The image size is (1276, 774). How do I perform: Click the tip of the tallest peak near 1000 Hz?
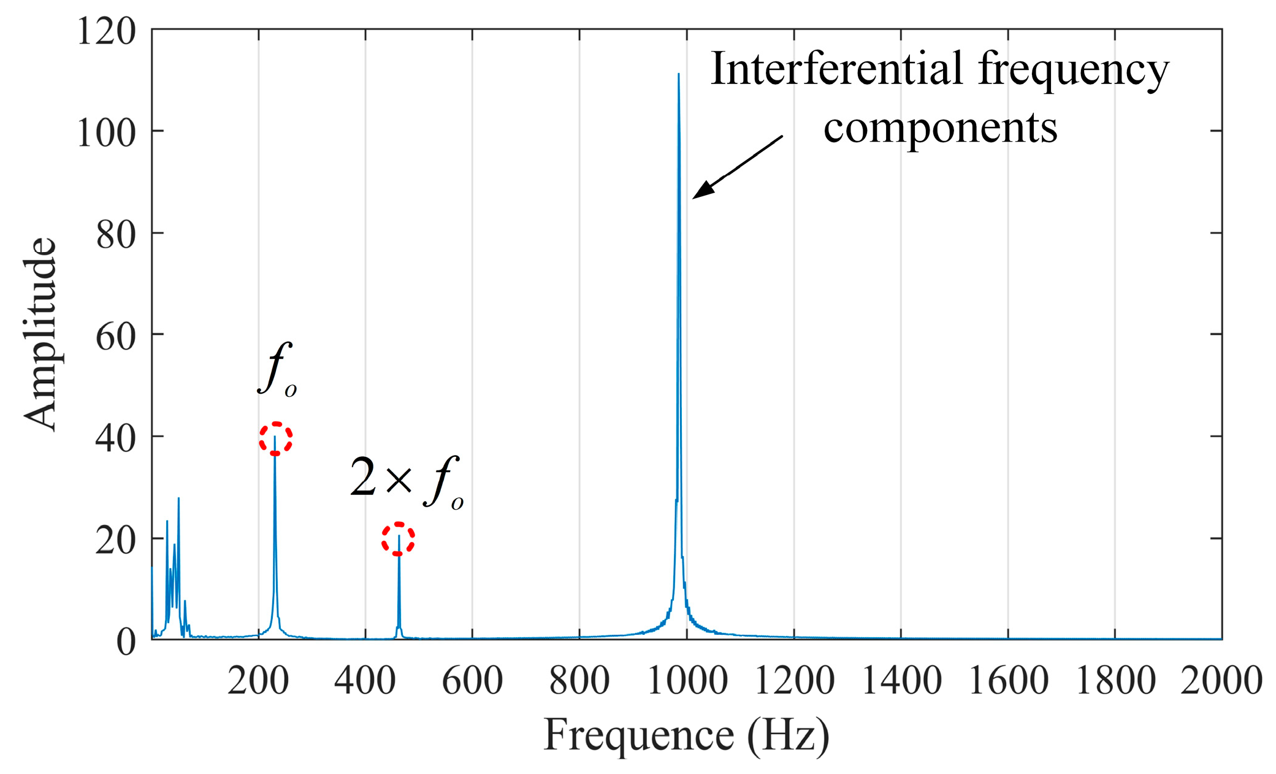click(678, 75)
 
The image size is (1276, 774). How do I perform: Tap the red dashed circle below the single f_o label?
click(275, 439)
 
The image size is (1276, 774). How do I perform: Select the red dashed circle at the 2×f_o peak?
click(399, 539)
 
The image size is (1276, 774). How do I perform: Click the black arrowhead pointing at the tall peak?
click(703, 190)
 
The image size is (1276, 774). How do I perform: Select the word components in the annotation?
click(940, 128)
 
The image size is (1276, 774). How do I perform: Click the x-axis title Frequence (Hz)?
click(686, 735)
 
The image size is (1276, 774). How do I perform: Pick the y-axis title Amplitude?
click(40, 334)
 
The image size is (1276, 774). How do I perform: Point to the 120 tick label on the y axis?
click(106, 31)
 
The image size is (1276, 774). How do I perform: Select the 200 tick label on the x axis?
click(258, 680)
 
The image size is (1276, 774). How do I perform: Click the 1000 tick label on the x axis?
click(687, 680)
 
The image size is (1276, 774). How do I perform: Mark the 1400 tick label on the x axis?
click(901, 680)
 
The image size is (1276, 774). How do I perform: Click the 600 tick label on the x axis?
click(472, 680)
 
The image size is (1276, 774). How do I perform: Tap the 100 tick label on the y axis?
click(106, 132)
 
